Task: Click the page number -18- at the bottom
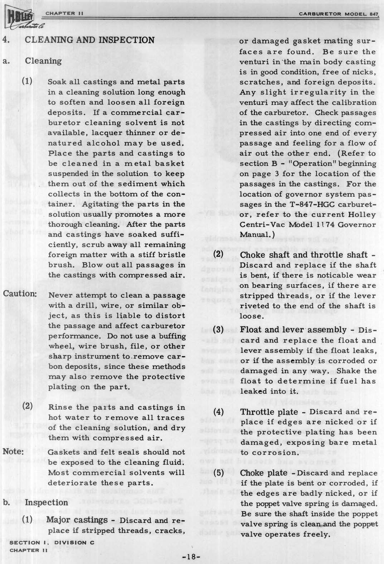[x=192, y=556]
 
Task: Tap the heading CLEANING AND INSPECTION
[x=89, y=40]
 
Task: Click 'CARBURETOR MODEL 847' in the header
[x=339, y=14]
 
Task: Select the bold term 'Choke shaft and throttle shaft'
[x=304, y=255]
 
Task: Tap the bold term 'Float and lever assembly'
[x=293, y=330]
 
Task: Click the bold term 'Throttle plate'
[x=269, y=412]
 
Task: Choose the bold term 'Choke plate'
[x=264, y=473]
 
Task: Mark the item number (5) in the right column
[x=219, y=473]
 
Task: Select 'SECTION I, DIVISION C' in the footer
[x=50, y=543]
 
